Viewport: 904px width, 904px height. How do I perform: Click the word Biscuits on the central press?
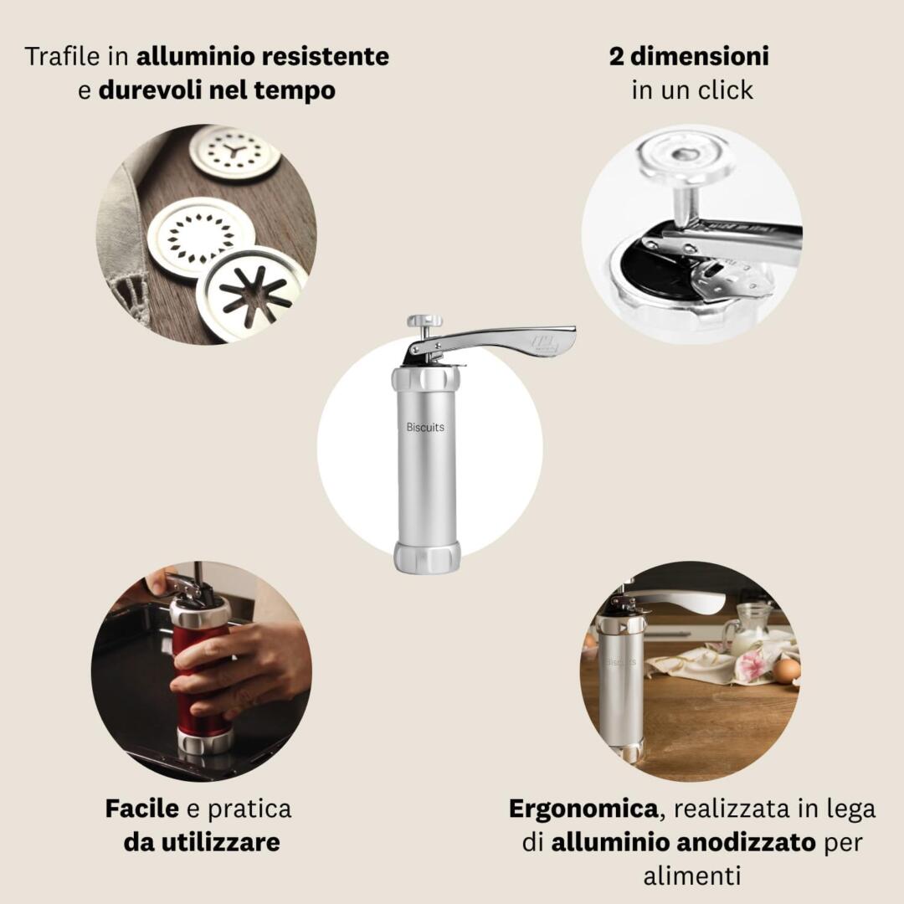pyautogui.click(x=425, y=427)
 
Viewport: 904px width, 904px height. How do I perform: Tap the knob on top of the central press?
pyautogui.click(x=424, y=321)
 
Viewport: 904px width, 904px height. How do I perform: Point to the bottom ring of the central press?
pyautogui.click(x=427, y=557)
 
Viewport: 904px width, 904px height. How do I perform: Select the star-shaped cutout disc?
pyautogui.click(x=252, y=294)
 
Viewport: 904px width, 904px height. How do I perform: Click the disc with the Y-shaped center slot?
pyautogui.click(x=234, y=154)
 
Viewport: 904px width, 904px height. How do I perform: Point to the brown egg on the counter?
pyautogui.click(x=786, y=670)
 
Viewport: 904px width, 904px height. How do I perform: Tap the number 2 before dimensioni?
pyautogui.click(x=616, y=57)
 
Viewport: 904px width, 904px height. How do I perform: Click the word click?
pyautogui.click(x=725, y=90)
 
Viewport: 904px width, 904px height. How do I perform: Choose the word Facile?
pyautogui.click(x=141, y=809)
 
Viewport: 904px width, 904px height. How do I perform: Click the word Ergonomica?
pyautogui.click(x=583, y=809)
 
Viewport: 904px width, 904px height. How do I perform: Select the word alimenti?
pyautogui.click(x=692, y=876)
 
